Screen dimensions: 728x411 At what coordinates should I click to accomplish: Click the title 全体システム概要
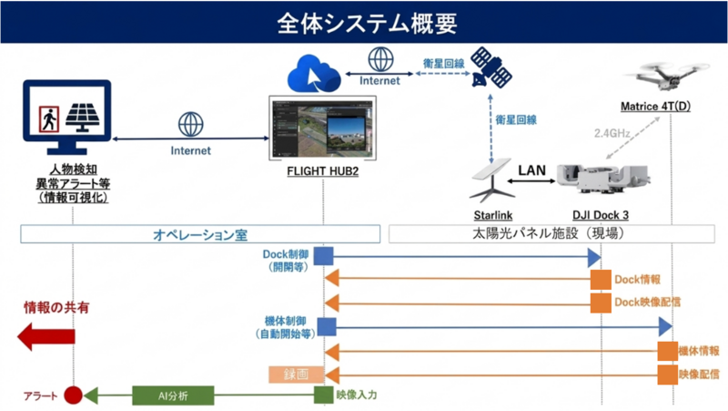(367, 23)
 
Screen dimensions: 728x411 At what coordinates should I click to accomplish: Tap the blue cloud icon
(314, 75)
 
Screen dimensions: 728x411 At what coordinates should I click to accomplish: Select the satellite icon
(490, 67)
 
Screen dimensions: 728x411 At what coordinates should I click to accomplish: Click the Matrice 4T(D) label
(655, 107)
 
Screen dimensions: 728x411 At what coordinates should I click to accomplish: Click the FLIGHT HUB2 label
(323, 171)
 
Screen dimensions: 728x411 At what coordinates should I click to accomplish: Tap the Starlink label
(493, 215)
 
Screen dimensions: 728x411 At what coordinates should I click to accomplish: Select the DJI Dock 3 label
(601, 215)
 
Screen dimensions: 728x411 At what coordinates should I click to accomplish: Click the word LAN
(531, 170)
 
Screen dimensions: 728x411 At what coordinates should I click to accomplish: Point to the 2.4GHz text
(612, 133)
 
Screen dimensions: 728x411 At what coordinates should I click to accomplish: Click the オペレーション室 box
(200, 234)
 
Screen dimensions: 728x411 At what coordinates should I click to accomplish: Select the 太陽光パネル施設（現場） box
(551, 233)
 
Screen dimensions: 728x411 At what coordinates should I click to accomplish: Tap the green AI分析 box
(173, 396)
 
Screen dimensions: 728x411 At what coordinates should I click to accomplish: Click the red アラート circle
(73, 396)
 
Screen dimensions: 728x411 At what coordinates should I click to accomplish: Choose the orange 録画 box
(297, 375)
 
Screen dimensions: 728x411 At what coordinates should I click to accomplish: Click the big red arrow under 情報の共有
(46, 336)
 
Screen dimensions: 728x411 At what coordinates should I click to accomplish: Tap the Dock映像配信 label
(648, 303)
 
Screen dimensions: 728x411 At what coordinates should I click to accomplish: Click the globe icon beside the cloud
(380, 59)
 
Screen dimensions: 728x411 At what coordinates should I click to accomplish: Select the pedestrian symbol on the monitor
(49, 119)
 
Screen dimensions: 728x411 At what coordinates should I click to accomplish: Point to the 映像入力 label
(357, 396)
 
